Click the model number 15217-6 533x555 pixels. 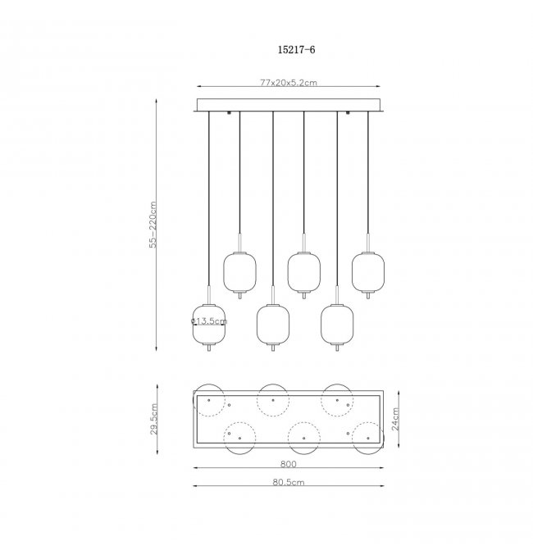tap(296, 49)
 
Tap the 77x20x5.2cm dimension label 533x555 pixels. tap(289, 83)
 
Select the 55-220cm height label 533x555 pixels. tap(153, 225)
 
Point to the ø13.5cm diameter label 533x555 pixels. tap(209, 321)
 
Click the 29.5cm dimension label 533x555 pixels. tap(153, 419)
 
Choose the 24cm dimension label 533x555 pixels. tap(395, 419)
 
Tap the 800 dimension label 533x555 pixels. tap(289, 464)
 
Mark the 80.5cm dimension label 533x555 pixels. tap(289, 482)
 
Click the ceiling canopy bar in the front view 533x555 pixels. tap(289, 105)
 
